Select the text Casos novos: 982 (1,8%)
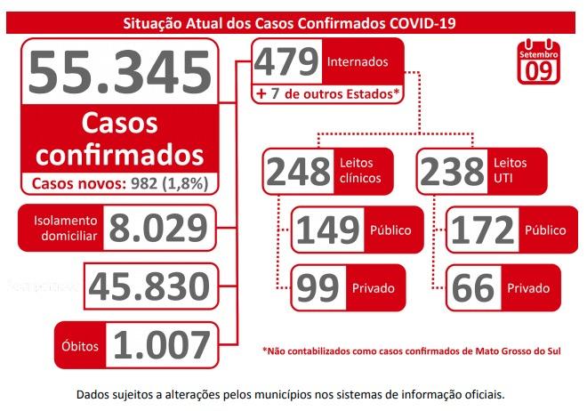click(120, 183)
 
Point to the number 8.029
click(158, 228)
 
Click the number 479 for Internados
click(285, 61)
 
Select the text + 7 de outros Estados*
click(327, 93)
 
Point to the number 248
click(297, 171)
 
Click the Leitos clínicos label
click(360, 171)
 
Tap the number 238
click(451, 171)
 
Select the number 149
click(327, 230)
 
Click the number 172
click(482, 230)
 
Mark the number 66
click(471, 288)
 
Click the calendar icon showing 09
click(538, 64)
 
